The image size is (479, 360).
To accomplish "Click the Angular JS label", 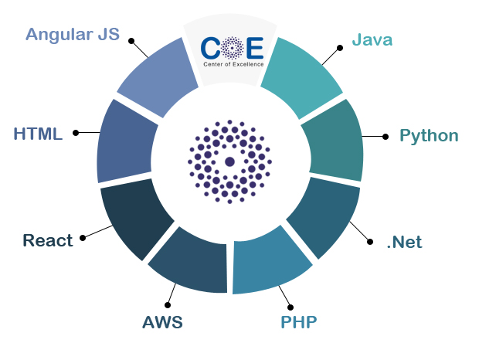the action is pyautogui.click(x=73, y=34).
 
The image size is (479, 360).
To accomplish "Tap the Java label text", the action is pyautogui.click(x=372, y=40).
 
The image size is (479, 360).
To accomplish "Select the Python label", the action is pyautogui.click(x=429, y=136).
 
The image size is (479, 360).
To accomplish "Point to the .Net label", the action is pyautogui.click(x=405, y=242).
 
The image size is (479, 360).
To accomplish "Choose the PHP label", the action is pyautogui.click(x=299, y=322).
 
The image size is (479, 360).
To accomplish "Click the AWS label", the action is pyautogui.click(x=162, y=322).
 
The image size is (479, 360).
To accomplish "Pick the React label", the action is pyautogui.click(x=48, y=240).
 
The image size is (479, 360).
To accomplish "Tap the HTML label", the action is pyautogui.click(x=38, y=134).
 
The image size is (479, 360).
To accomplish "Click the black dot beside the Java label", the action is pyautogui.click(x=340, y=48).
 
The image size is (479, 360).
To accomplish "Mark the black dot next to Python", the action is pyautogui.click(x=386, y=137).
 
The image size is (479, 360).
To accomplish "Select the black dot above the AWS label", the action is pyautogui.click(x=168, y=304).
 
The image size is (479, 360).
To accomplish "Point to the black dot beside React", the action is pyautogui.click(x=83, y=238).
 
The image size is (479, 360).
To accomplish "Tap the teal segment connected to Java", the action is pyautogui.click(x=301, y=76).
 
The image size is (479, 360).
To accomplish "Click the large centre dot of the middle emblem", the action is pyautogui.click(x=229, y=161).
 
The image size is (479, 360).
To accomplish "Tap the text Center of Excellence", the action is pyautogui.click(x=233, y=64).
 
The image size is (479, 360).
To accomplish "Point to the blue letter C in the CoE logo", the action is pyautogui.click(x=210, y=48).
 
